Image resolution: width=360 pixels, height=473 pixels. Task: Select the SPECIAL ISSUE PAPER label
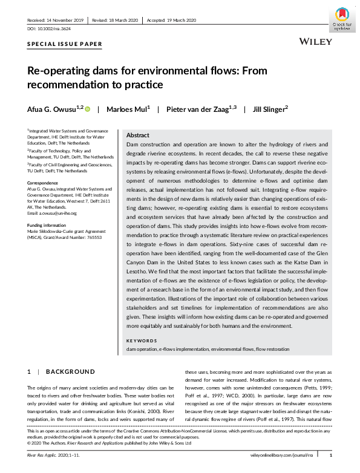pyautogui.click(x=65, y=45)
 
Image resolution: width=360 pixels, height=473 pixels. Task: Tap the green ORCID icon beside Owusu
pyautogui.click(x=87, y=109)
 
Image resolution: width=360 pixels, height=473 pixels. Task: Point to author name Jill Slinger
pyautogui.click(x=269, y=109)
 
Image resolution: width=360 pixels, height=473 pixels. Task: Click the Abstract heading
pyautogui.click(x=139, y=136)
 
